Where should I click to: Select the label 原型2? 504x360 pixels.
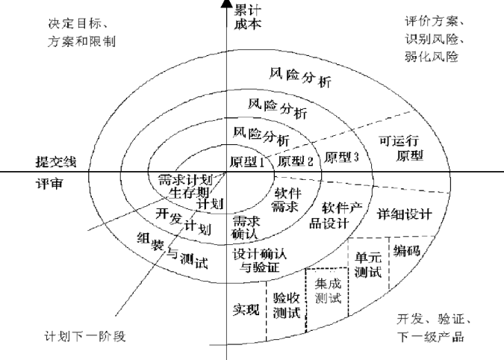pos(293,161)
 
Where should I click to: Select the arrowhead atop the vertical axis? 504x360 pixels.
pos(225,5)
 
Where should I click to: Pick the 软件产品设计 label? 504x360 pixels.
pos(341,214)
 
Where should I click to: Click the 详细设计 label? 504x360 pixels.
pos(405,213)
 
